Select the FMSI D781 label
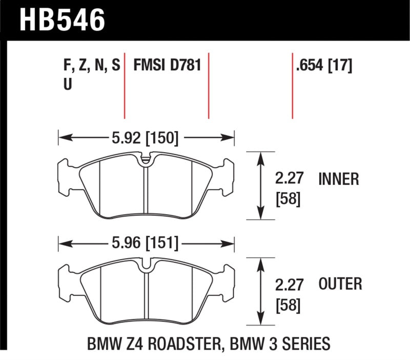tap(167, 67)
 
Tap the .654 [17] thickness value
tap(323, 67)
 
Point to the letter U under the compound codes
tap(67, 86)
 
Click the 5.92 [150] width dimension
tap(146, 137)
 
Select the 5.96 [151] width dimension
tap(146, 244)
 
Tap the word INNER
tap(338, 179)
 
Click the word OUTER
tap(340, 284)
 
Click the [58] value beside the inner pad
tap(288, 199)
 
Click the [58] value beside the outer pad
tap(288, 305)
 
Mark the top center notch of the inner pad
tap(146, 160)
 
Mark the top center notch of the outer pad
tap(146, 266)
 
